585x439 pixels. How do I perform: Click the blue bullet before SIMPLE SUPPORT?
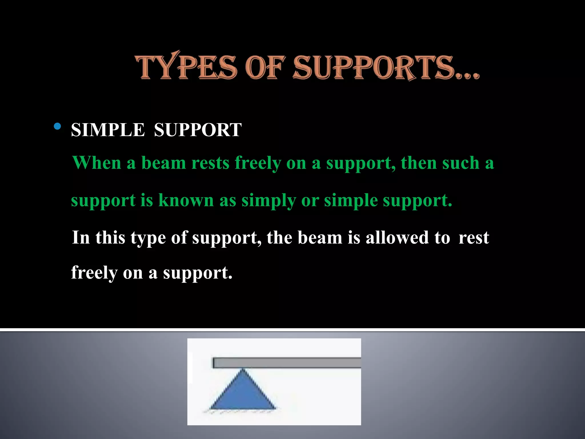tap(57, 126)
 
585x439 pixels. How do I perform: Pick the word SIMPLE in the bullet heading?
tap(108, 130)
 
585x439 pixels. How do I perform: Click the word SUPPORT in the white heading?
tap(198, 130)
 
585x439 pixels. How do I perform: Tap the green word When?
tap(97, 163)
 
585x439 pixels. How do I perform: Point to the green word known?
tap(186, 200)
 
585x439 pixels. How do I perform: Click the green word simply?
tap(269, 201)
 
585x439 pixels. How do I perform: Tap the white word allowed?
tap(397, 238)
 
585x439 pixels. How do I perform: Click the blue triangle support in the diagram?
tap(243, 394)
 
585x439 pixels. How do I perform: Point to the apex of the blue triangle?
tap(243, 370)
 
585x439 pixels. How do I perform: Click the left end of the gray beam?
tap(214, 363)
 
